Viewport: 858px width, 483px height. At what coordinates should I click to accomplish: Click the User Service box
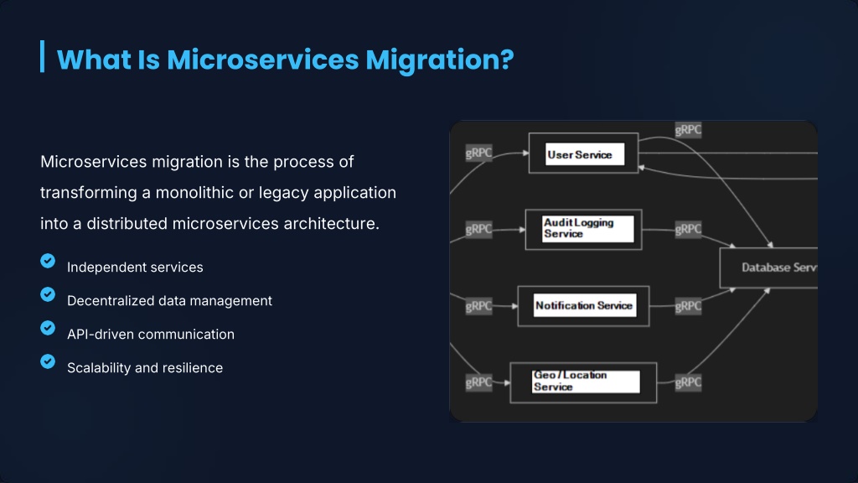point(583,153)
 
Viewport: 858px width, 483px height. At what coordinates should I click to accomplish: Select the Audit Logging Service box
point(583,229)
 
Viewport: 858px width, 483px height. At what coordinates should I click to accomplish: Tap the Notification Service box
point(584,305)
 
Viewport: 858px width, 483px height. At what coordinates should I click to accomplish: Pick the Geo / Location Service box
point(583,382)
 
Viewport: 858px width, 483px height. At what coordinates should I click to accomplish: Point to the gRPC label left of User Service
point(479,153)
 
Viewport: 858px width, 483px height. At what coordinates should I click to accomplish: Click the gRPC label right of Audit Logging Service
point(688,229)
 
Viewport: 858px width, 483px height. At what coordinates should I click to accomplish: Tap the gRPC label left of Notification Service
point(479,306)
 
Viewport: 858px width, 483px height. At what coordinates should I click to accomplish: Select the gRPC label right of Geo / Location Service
point(688,382)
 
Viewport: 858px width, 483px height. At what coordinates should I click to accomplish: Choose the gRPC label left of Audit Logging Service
point(479,229)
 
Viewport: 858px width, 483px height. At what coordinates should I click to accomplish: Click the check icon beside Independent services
point(48,262)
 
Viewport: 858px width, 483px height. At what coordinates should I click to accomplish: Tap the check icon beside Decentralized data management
point(48,295)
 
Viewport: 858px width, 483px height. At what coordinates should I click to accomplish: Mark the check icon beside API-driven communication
point(48,328)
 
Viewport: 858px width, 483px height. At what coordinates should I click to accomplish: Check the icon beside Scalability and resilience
point(48,361)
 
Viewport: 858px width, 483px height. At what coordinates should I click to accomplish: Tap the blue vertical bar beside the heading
point(42,56)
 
